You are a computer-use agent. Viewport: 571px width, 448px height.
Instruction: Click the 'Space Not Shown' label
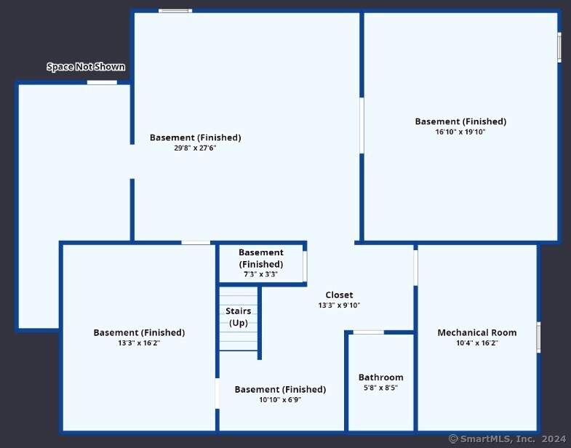[86, 67]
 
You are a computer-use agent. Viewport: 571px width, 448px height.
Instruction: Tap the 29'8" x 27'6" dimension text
[195, 148]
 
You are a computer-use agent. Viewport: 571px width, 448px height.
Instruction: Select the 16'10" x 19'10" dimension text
[460, 132]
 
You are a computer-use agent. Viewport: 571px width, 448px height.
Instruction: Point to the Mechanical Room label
[477, 332]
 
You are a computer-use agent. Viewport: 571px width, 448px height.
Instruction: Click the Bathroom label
[381, 377]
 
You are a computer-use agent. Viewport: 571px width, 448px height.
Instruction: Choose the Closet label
[340, 295]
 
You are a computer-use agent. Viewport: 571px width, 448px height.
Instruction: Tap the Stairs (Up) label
[238, 317]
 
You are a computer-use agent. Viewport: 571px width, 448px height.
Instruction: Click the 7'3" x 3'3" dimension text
[260, 274]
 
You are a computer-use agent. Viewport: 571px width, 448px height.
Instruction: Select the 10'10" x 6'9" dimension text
[280, 399]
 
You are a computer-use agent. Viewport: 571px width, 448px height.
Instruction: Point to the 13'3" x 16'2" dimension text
[139, 343]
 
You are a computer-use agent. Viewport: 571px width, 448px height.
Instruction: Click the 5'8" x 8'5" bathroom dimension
[380, 388]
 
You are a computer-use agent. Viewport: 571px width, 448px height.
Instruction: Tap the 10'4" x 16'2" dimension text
[477, 343]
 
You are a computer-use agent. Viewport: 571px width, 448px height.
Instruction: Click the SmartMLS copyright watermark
[507, 439]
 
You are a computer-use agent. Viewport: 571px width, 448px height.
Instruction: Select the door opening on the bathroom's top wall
[369, 332]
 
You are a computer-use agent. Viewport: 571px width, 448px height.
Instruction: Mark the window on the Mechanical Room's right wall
[538, 337]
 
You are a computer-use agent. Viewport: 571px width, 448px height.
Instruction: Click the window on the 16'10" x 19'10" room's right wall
[559, 47]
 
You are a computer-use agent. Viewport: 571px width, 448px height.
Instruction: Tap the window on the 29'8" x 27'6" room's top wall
[175, 11]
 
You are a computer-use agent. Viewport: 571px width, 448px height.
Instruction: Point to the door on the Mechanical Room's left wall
[415, 268]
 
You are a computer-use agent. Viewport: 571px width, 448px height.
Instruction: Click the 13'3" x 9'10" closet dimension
[339, 305]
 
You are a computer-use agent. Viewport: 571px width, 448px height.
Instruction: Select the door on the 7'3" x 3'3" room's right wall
[305, 266]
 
